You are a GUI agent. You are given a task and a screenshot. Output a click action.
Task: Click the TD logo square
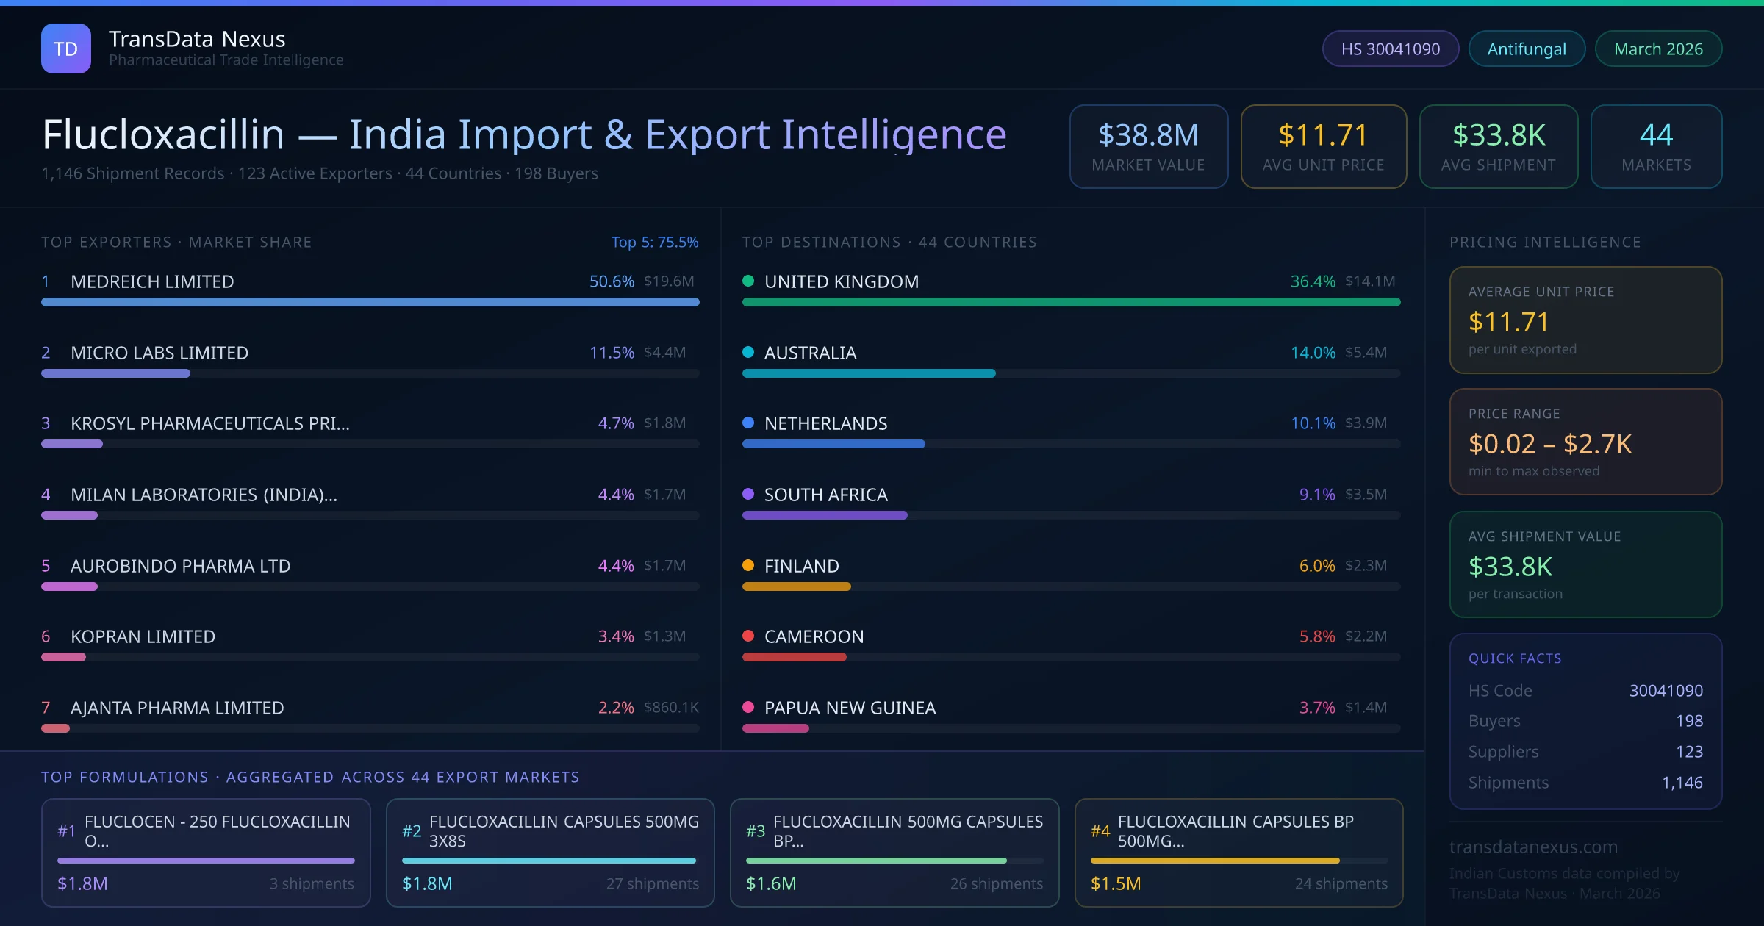tap(66, 49)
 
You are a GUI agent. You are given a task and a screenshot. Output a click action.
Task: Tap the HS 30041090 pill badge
tap(1390, 49)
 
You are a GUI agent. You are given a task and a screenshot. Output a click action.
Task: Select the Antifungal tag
tap(1527, 49)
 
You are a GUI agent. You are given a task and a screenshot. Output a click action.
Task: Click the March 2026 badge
tap(1658, 49)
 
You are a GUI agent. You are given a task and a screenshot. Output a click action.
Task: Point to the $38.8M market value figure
tap(1148, 135)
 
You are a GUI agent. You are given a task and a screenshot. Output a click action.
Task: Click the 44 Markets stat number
tap(1656, 135)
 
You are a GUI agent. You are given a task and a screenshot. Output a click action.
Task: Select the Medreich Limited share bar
tap(370, 302)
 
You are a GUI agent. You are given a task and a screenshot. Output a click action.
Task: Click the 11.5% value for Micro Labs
tap(612, 353)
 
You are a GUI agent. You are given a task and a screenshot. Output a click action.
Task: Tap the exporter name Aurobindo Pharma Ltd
tap(180, 566)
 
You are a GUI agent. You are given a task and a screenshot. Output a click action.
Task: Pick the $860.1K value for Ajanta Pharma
tap(671, 708)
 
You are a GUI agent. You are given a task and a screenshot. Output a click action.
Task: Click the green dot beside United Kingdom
tap(748, 281)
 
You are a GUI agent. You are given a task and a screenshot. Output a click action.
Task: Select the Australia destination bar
tap(869, 373)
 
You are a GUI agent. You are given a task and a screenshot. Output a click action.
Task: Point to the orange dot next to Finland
tap(748, 565)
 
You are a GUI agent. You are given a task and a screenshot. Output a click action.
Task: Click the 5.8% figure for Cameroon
tap(1317, 636)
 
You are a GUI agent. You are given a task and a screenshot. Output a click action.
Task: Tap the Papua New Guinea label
tap(850, 708)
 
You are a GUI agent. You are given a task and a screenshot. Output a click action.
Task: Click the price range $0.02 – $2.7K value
tap(1549, 444)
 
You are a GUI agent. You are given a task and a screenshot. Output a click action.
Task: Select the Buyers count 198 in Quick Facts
tap(1689, 721)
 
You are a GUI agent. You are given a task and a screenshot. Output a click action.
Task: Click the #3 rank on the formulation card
tap(756, 831)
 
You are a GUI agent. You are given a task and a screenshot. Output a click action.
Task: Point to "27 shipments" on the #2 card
tap(652, 883)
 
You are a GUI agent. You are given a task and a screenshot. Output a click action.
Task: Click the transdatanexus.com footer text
tap(1533, 847)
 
